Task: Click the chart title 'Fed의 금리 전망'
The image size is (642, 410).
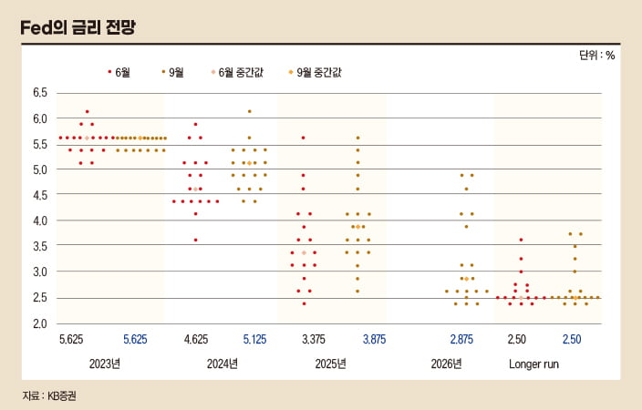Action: [x=79, y=27]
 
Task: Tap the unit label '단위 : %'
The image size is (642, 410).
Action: [x=596, y=55]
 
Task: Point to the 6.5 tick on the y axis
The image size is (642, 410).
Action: [x=40, y=93]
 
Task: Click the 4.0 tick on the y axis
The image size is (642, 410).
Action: [x=40, y=220]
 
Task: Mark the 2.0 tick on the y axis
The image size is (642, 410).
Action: [x=40, y=323]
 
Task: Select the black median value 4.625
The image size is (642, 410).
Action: [x=195, y=339]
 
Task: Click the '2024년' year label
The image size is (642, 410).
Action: [x=222, y=364]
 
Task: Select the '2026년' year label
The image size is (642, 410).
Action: [x=446, y=364]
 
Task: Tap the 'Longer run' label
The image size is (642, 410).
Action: [x=533, y=364]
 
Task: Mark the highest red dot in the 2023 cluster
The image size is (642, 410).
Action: [x=87, y=111]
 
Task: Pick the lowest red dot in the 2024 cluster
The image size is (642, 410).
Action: [x=195, y=240]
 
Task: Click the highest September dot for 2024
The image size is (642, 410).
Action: [x=249, y=111]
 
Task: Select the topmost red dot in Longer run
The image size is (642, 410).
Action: [x=521, y=240]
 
